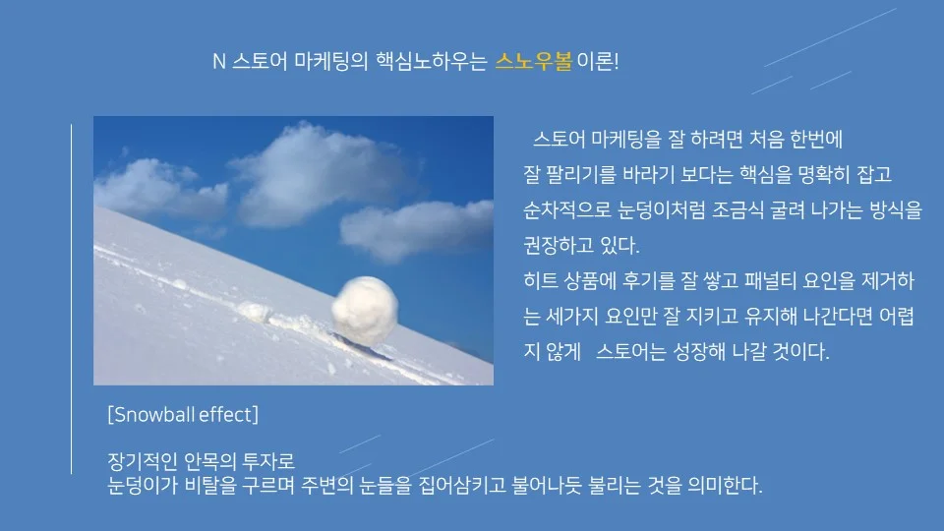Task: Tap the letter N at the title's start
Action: [x=218, y=62]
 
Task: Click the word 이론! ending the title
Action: [x=598, y=62]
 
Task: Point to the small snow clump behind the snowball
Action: [x=254, y=313]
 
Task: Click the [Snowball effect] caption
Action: [x=182, y=414]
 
